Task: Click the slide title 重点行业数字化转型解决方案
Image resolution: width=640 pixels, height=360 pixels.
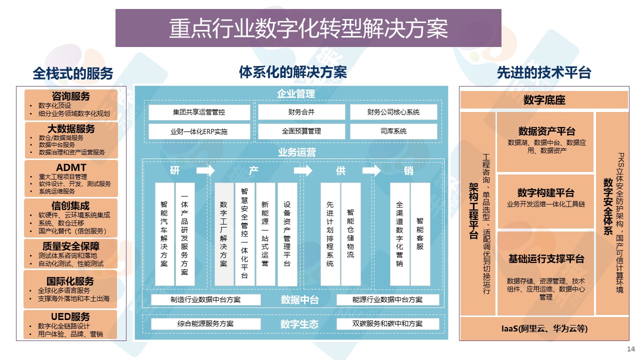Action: [308, 28]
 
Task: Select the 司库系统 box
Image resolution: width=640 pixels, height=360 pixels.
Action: [393, 131]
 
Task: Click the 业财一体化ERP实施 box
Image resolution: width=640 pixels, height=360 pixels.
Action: [199, 131]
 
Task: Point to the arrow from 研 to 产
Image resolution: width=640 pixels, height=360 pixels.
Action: [205, 171]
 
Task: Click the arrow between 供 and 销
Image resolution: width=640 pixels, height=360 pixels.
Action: [371, 171]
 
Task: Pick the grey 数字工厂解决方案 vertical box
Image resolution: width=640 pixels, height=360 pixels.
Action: [224, 234]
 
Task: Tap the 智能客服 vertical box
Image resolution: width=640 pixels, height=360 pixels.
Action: [420, 234]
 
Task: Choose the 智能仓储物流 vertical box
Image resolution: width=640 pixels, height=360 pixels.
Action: [350, 234]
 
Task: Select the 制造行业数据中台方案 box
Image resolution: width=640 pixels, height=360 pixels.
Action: [205, 299]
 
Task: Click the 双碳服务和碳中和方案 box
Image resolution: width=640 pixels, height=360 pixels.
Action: [387, 323]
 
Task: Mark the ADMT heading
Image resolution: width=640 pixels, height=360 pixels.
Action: [71, 167]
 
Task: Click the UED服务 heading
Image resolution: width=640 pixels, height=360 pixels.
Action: [70, 316]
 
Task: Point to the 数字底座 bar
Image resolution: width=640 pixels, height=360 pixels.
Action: [544, 100]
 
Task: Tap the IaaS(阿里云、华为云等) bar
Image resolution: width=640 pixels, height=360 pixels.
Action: [544, 329]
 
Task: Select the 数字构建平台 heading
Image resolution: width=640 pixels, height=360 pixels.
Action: [545, 193]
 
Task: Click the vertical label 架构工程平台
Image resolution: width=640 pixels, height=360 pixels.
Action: [473, 210]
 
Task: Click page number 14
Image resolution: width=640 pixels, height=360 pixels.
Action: [630, 348]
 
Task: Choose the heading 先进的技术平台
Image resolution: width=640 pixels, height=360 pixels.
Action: [544, 73]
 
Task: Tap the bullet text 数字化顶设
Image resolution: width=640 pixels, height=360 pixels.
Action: [54, 105]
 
